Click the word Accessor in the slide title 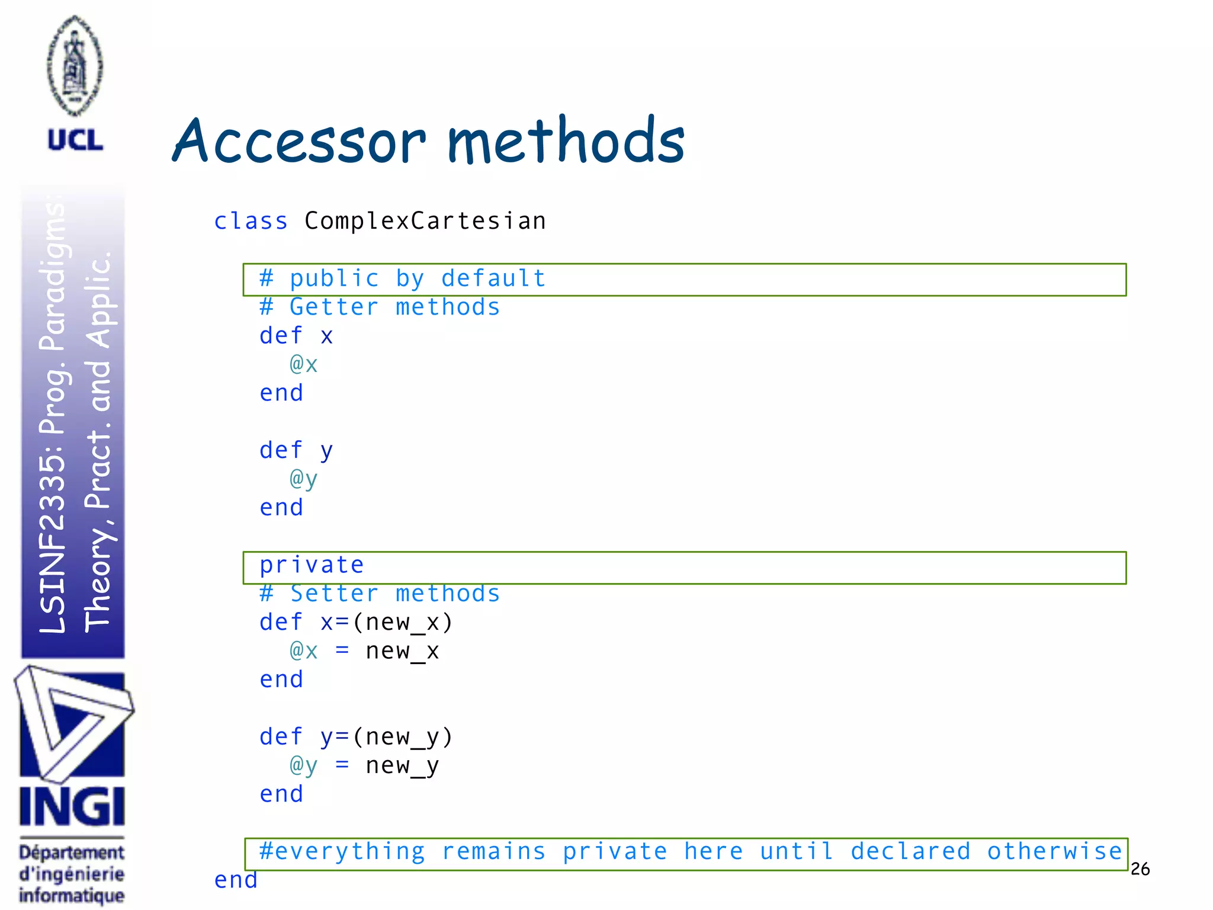coord(299,142)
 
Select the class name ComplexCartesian coord(425,221)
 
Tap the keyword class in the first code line coord(251,221)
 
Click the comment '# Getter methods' coord(380,307)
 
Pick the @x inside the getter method coord(303,364)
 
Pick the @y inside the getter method coord(303,479)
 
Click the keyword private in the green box coord(312,565)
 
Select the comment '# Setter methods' coord(380,594)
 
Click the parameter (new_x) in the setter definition coord(403,623)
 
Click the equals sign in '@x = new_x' coord(342,651)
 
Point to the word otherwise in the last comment coord(1054,851)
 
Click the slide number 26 coord(1140,869)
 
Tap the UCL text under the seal coord(75,140)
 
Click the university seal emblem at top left coord(75,65)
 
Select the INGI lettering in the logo coord(72,806)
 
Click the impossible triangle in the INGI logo coord(72,723)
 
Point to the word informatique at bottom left coord(72,895)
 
